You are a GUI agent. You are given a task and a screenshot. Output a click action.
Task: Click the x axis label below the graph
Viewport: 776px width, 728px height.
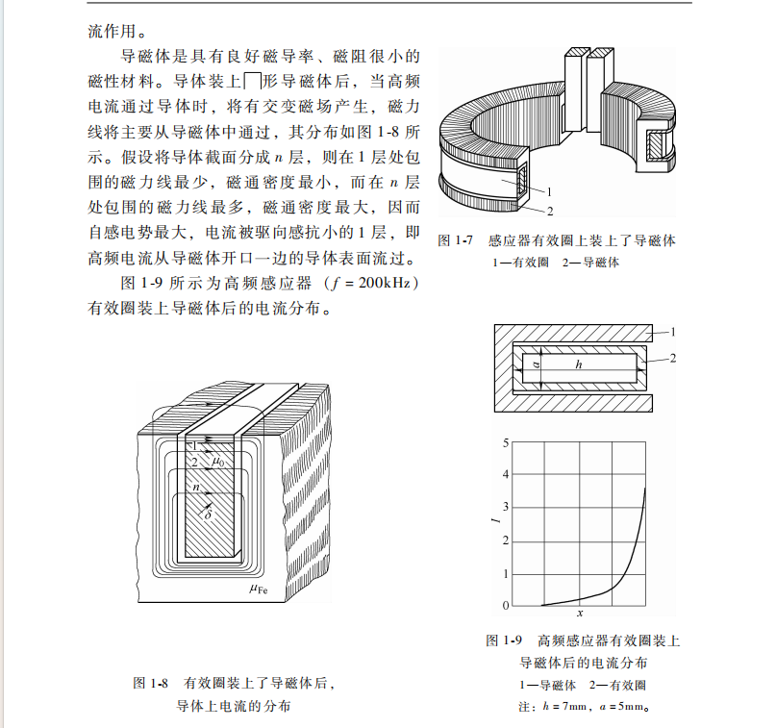click(x=580, y=614)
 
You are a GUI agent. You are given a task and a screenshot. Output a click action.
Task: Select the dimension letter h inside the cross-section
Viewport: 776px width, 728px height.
click(x=578, y=365)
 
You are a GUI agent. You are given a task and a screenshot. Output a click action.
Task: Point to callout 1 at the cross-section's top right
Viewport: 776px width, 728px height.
click(x=672, y=331)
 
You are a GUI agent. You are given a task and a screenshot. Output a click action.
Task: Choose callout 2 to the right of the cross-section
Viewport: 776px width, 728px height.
click(x=672, y=358)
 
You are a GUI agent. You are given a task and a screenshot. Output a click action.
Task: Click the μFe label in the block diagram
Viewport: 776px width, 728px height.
click(x=257, y=590)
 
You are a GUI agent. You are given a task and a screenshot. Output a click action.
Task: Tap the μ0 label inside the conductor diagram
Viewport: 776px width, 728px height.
click(x=218, y=463)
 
